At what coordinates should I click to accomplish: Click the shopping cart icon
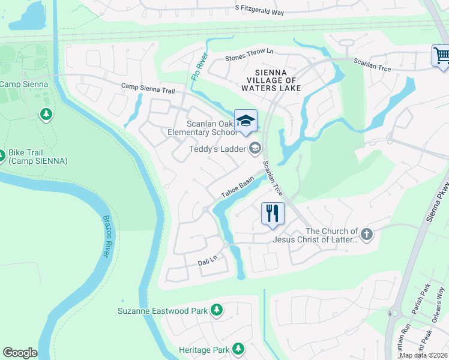(x=441, y=56)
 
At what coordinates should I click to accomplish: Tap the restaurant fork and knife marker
(x=272, y=213)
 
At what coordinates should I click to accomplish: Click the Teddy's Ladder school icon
(x=255, y=148)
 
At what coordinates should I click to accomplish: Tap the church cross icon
(x=367, y=233)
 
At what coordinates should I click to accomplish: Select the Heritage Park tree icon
(x=238, y=349)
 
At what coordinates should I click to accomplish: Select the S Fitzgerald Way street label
(x=268, y=10)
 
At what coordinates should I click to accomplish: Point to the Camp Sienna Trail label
(x=148, y=88)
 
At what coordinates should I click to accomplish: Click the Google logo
(x=20, y=353)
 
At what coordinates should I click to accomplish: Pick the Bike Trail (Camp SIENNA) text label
(x=38, y=157)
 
